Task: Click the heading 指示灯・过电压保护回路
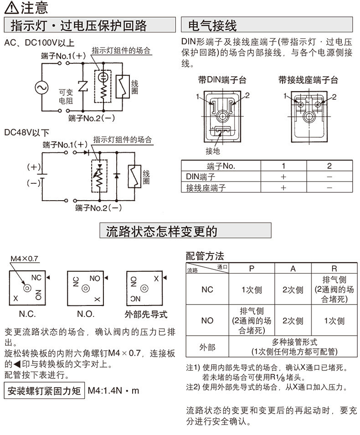89,24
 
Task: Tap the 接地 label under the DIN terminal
213,150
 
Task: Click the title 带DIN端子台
222,80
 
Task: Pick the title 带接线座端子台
309,80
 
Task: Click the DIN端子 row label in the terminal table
201,176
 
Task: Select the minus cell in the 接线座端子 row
329,187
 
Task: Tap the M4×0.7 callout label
25,259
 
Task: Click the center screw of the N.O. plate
86,288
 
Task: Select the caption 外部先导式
146,314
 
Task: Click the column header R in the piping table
334,269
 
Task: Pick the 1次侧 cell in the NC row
251,290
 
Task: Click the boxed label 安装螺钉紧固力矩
44,391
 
